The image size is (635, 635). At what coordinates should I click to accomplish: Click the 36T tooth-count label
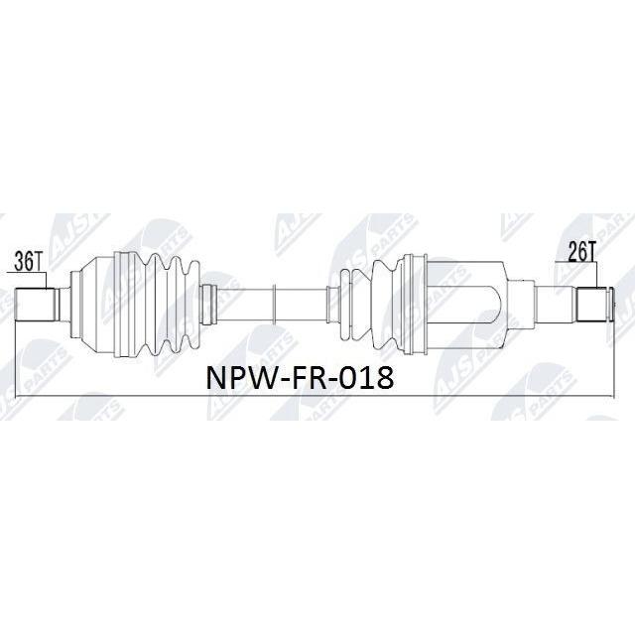(x=27, y=262)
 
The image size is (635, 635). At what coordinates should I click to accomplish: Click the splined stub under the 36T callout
(x=35, y=305)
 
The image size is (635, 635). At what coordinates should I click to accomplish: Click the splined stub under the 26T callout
(x=591, y=304)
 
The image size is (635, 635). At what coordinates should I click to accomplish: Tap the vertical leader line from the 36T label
(x=47, y=280)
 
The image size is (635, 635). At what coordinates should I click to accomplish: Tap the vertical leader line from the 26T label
(x=597, y=275)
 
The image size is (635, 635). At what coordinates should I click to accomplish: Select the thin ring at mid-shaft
(x=274, y=305)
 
